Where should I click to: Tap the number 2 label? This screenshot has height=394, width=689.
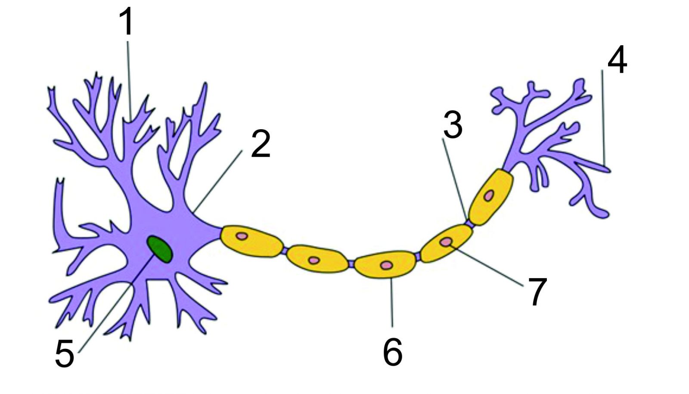(x=261, y=144)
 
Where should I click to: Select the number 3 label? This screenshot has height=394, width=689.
(x=453, y=124)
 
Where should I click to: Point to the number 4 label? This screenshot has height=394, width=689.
(x=618, y=60)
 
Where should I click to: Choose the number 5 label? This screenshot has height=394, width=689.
(x=65, y=354)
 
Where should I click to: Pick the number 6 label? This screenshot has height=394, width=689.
(x=393, y=352)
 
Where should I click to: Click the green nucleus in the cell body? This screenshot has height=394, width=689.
(x=160, y=249)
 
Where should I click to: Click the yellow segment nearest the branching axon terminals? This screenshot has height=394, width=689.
(x=490, y=197)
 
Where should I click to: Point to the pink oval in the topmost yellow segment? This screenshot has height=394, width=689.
(x=488, y=195)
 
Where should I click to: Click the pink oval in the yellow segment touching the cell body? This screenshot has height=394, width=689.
(x=242, y=236)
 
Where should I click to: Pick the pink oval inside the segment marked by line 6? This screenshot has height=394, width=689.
(x=386, y=265)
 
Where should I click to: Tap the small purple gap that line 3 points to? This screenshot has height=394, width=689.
(x=470, y=222)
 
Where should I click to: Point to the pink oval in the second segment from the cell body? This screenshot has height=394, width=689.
(x=314, y=260)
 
